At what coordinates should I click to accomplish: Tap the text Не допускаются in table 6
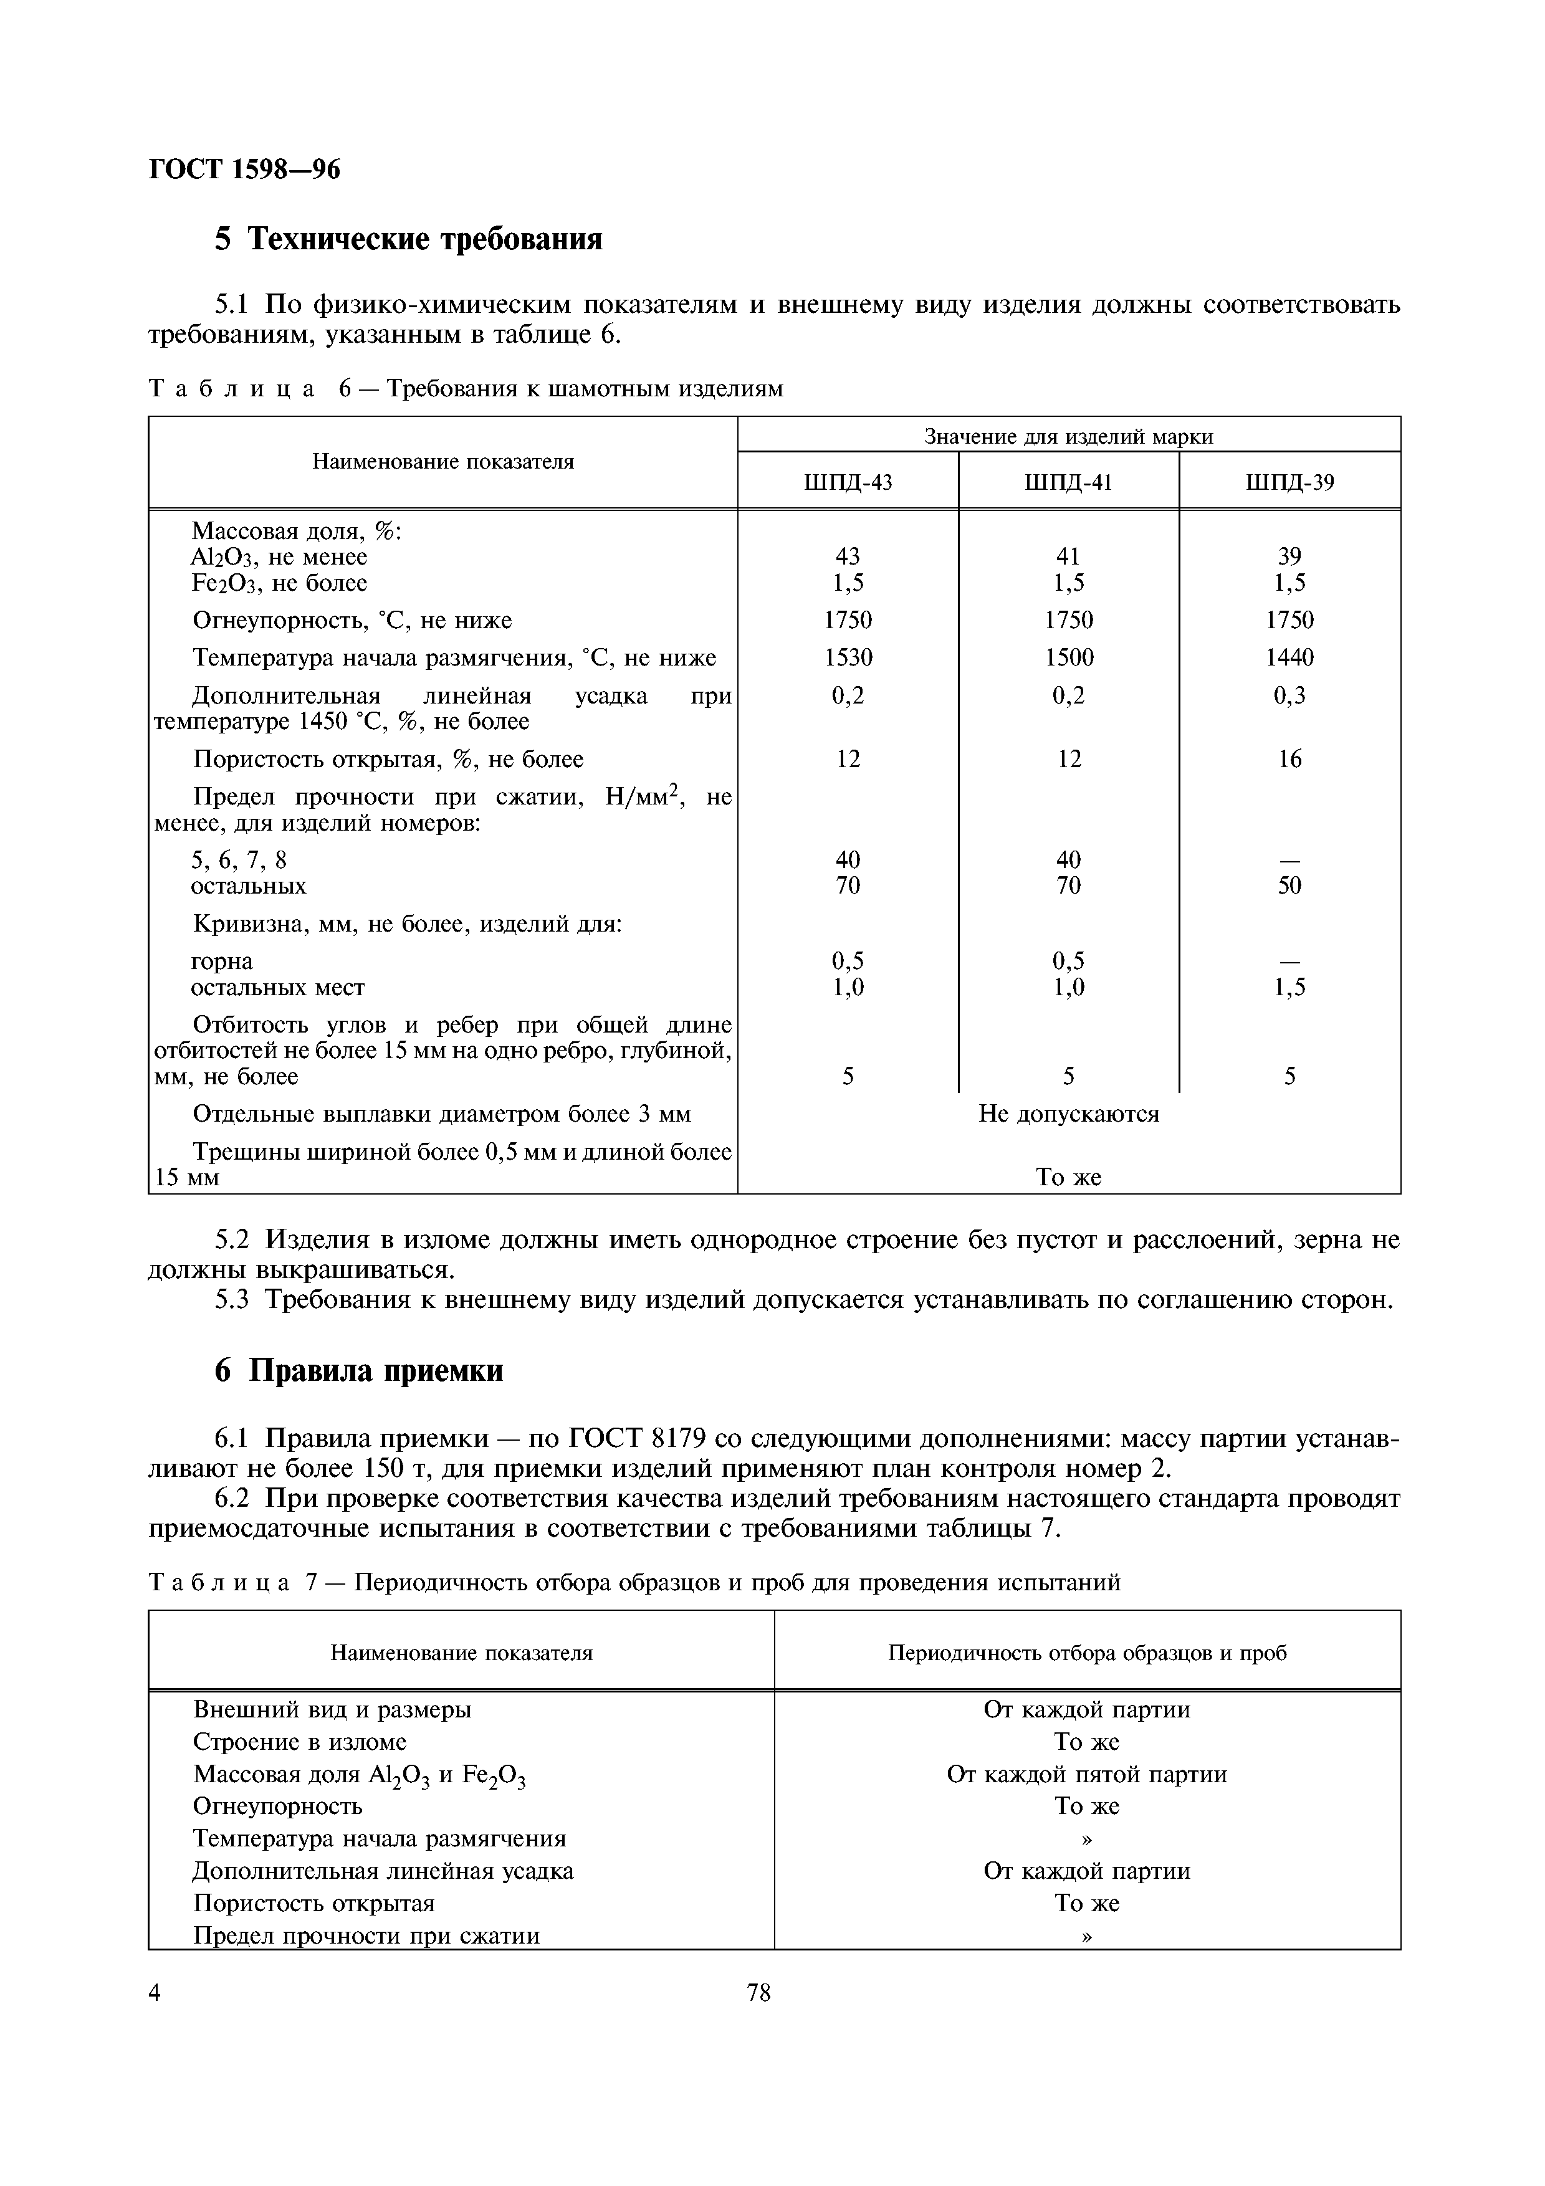(x=1068, y=1114)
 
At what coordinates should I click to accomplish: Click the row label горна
(x=222, y=962)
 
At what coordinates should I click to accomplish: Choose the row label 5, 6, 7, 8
(x=239, y=861)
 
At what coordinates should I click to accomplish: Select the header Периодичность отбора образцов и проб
(x=1086, y=1653)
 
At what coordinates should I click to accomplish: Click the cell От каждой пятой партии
(x=1086, y=1775)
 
